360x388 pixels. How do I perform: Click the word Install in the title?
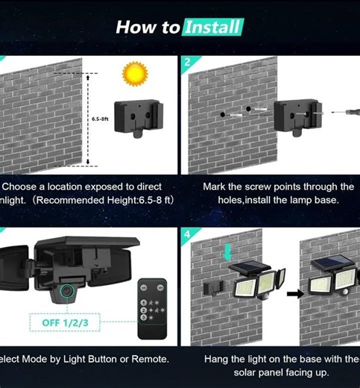click(x=213, y=28)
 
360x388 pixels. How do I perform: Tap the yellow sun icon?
click(x=136, y=75)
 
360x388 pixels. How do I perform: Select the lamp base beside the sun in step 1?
click(x=138, y=116)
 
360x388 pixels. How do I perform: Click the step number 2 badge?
click(x=186, y=61)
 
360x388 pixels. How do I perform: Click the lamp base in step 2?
click(x=294, y=116)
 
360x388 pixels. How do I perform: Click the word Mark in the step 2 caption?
click(x=217, y=187)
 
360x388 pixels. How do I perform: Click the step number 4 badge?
click(x=186, y=234)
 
